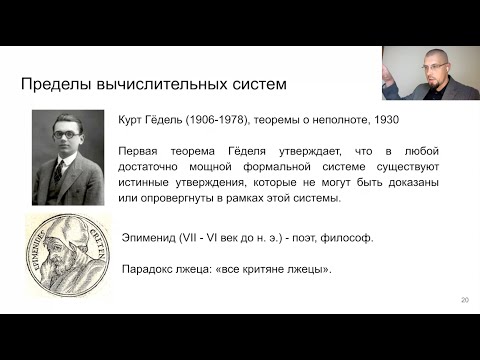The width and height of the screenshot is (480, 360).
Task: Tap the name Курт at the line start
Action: click(132, 120)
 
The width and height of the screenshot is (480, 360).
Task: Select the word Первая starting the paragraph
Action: click(139, 150)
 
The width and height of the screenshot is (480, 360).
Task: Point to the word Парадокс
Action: click(148, 270)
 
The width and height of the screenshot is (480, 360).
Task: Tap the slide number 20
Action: click(464, 300)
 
